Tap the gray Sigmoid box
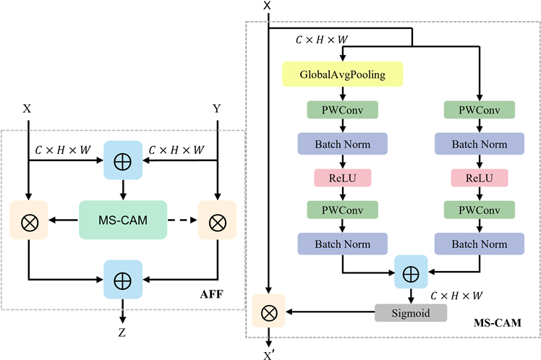pyautogui.click(x=412, y=312)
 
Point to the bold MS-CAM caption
pyautogui.click(x=499, y=321)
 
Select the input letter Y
pyautogui.click(x=217, y=108)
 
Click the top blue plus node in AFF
pyautogui.click(x=122, y=159)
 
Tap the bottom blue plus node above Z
pyautogui.click(x=122, y=278)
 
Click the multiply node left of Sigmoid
pyautogui.click(x=269, y=312)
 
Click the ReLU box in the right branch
pyautogui.click(x=479, y=177)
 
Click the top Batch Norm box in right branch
pyautogui.click(x=479, y=143)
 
